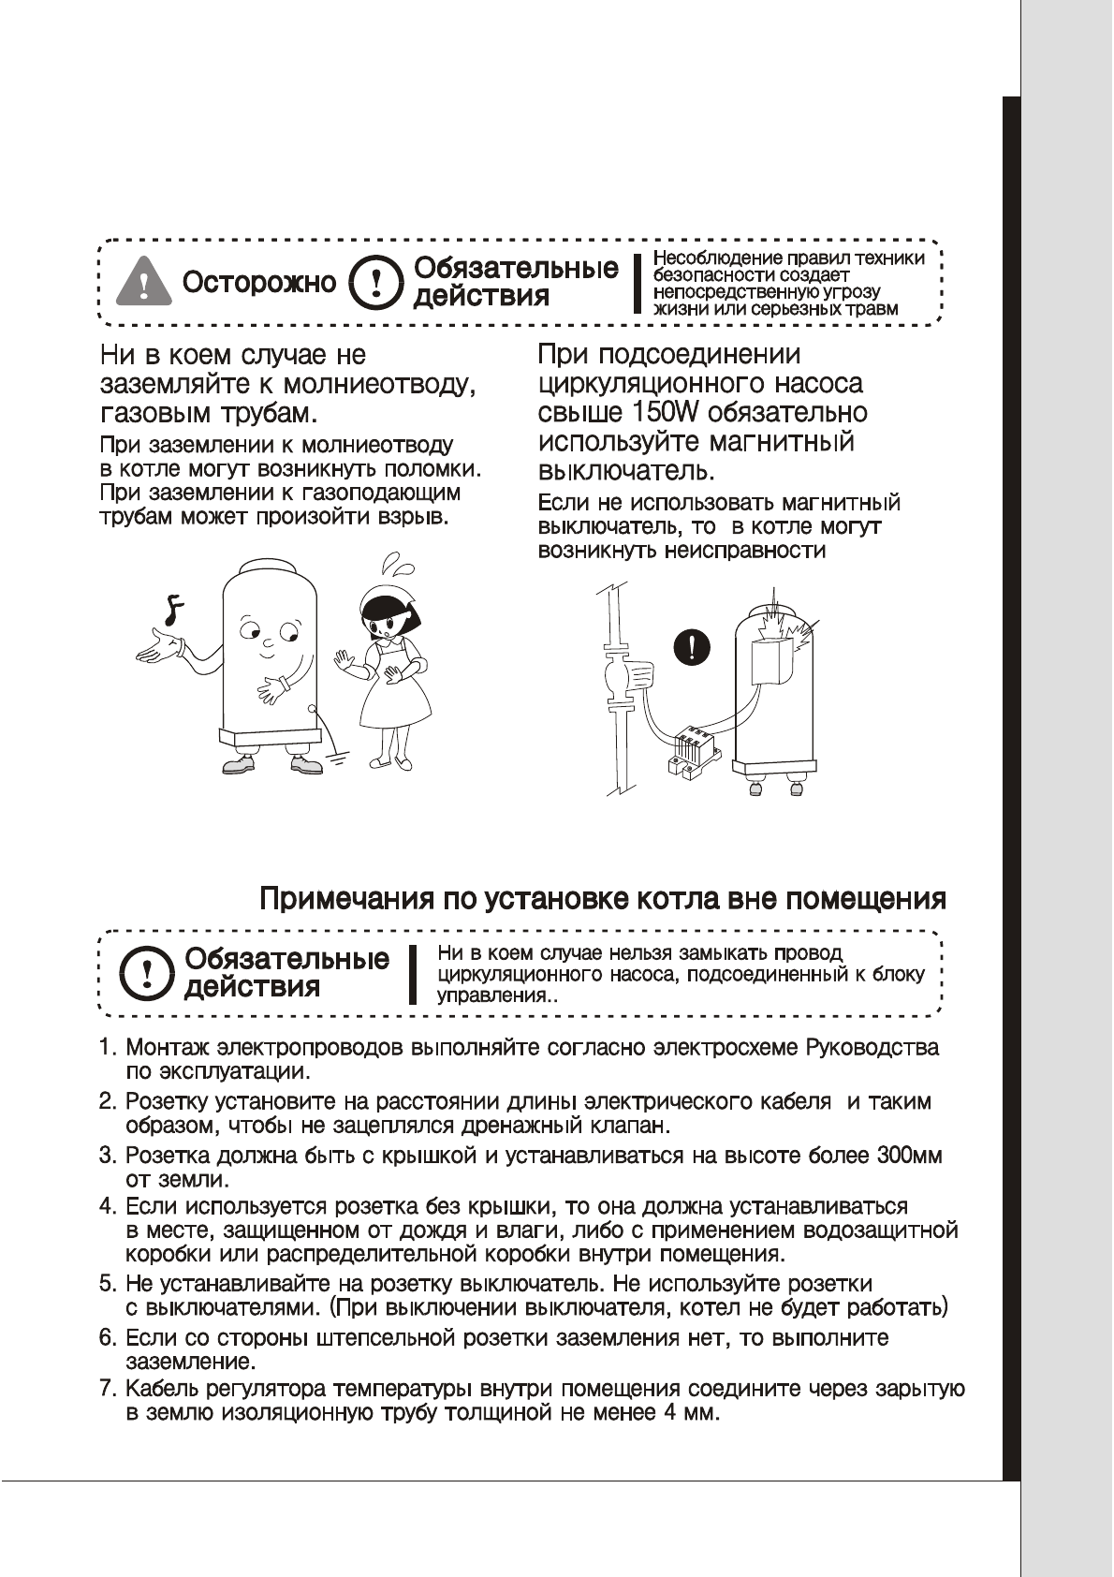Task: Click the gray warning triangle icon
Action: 143,281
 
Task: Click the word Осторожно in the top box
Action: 259,282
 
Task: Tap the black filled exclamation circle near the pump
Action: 692,647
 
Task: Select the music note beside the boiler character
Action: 171,610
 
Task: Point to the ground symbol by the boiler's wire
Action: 337,757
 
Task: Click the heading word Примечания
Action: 345,899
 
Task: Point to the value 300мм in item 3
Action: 909,1156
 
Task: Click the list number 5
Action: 108,1283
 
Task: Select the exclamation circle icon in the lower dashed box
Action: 146,973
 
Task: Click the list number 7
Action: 108,1388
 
